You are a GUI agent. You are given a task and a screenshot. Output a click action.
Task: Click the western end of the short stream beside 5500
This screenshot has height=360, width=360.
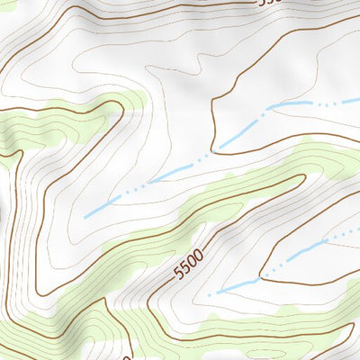pyautogui.click(x=209, y=294)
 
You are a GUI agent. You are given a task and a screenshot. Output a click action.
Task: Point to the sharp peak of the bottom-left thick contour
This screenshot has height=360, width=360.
pyautogui.click(x=105, y=300)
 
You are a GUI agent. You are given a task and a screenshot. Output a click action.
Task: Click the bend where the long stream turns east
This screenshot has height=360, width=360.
pyautogui.click(x=270, y=108)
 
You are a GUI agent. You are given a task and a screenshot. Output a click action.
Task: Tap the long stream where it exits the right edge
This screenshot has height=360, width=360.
pyautogui.click(x=357, y=100)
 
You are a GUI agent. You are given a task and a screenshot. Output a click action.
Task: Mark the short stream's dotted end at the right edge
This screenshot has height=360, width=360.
pyautogui.click(x=357, y=229)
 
